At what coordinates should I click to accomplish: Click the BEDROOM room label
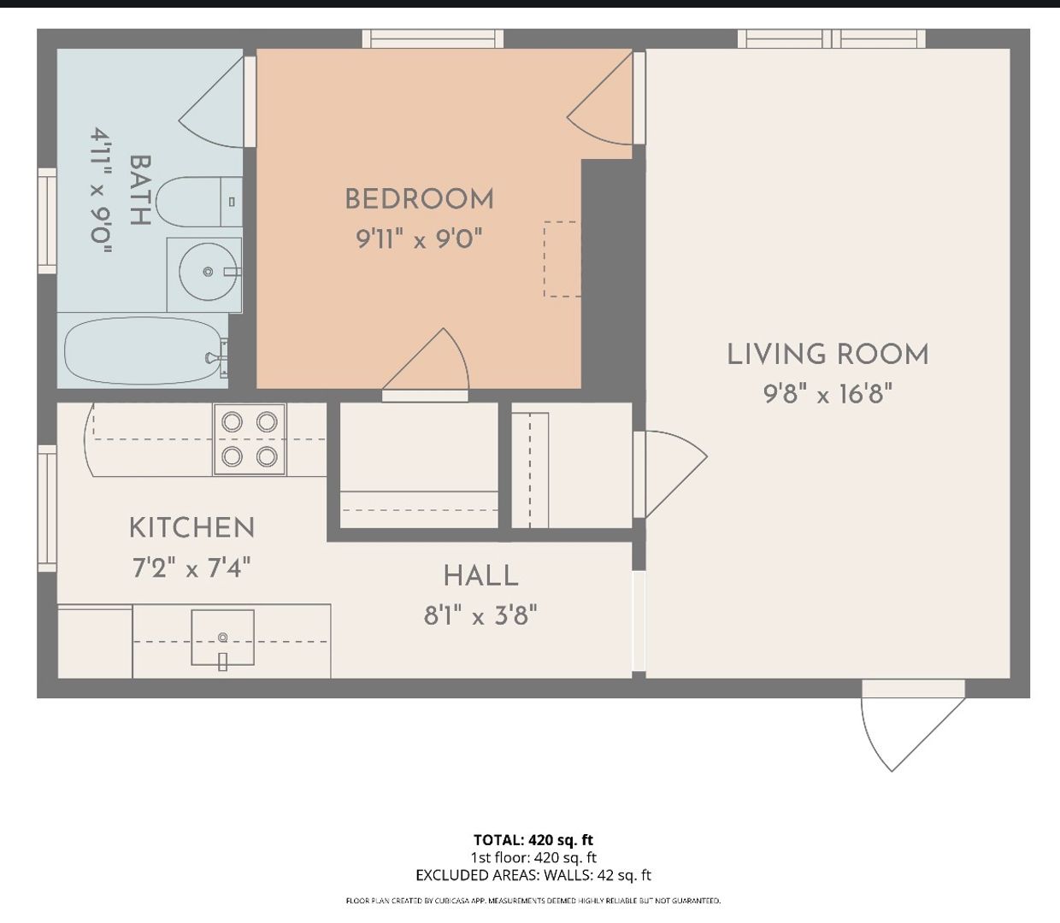pos(419,199)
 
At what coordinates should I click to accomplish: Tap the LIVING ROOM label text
pos(827,355)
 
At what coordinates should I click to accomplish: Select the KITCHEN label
pos(191,528)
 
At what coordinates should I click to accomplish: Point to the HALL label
pos(480,576)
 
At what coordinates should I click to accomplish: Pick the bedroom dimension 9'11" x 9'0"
pos(419,239)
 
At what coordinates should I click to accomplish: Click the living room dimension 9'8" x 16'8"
pos(827,394)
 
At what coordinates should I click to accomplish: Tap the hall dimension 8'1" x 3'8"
pos(480,616)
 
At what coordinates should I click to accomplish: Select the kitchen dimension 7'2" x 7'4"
pos(191,567)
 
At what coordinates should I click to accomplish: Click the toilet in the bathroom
pos(199,202)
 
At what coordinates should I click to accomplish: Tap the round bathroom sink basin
pos(209,272)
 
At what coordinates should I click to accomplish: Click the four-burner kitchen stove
pos(250,439)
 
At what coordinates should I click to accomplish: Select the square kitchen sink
pos(223,638)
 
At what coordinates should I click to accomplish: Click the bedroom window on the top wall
pos(433,38)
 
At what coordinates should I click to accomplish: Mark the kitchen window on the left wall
pos(47,509)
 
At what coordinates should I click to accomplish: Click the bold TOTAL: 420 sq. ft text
pos(533,839)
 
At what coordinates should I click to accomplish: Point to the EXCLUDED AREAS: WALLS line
pos(533,875)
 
